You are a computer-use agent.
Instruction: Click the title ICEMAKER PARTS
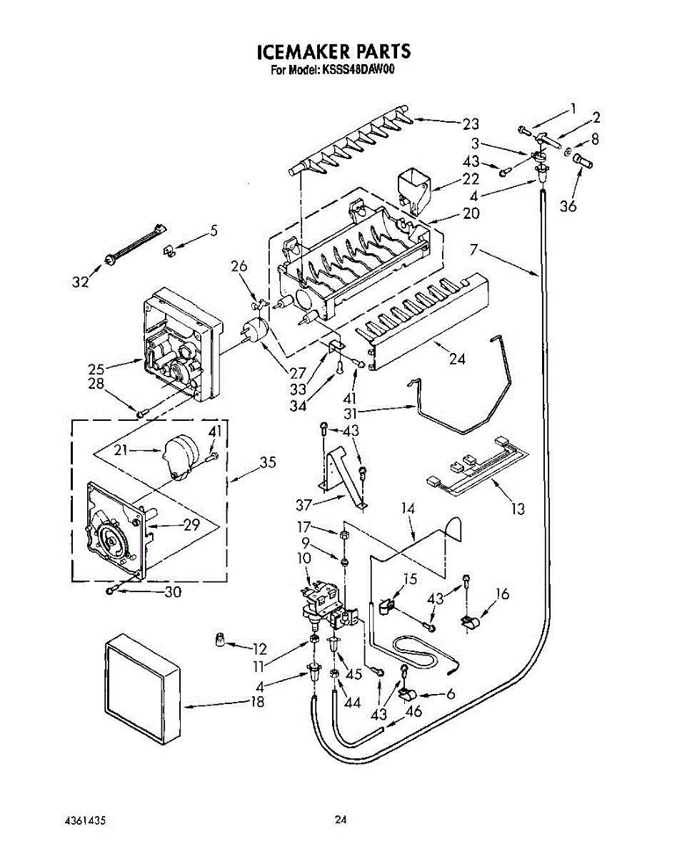(334, 51)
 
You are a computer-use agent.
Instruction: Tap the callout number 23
(470, 123)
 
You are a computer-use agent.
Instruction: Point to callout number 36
(568, 207)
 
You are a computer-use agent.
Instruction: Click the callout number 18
(257, 702)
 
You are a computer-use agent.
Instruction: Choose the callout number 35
(267, 463)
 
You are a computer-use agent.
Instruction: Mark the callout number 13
(518, 509)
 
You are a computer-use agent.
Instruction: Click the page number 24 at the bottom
(341, 820)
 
